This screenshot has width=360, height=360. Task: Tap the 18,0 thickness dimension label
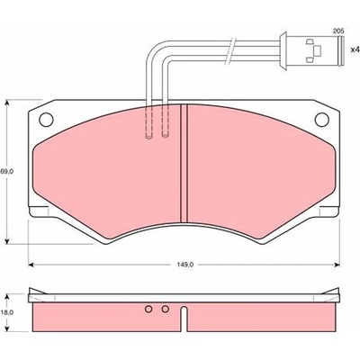tap(7, 312)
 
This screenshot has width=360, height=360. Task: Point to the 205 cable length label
tap(338, 31)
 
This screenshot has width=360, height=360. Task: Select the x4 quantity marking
tap(355, 49)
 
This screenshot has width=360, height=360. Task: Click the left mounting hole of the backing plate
tap(46, 120)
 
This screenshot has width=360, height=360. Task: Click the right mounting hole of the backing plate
tap(322, 120)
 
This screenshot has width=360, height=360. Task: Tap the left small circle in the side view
tap(148, 309)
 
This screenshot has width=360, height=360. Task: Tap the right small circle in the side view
tap(165, 309)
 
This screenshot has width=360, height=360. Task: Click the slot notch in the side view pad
tap(184, 319)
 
